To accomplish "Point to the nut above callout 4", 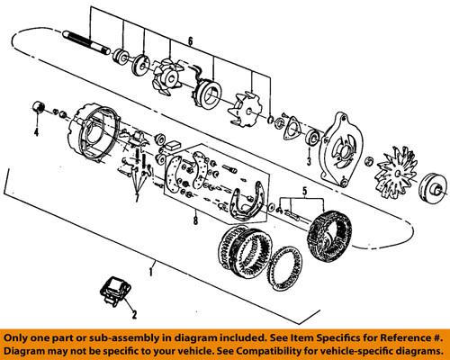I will (38, 107).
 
